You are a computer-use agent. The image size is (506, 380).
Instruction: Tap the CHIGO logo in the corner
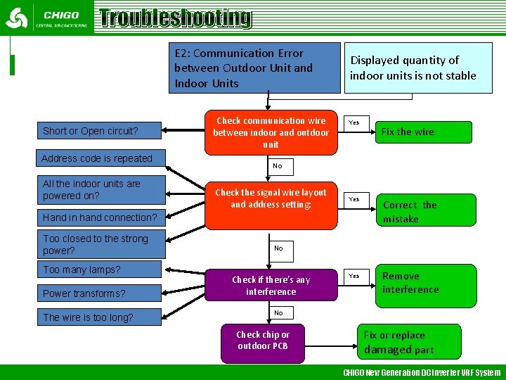pyautogui.click(x=46, y=18)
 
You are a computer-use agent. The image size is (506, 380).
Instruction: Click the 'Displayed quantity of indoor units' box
pyautogui.click(x=413, y=68)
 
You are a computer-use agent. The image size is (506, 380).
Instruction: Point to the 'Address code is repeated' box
pyautogui.click(x=98, y=158)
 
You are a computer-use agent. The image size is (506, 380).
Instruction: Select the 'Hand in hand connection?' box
pyautogui.click(x=100, y=217)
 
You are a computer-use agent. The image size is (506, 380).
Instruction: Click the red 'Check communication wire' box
pyautogui.click(x=271, y=132)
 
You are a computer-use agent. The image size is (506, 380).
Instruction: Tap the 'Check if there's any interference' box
pyautogui.click(x=271, y=286)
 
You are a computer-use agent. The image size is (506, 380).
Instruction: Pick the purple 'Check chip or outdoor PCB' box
pyautogui.click(x=263, y=341)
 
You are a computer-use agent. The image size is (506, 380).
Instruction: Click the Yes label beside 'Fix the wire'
pyautogui.click(x=354, y=122)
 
